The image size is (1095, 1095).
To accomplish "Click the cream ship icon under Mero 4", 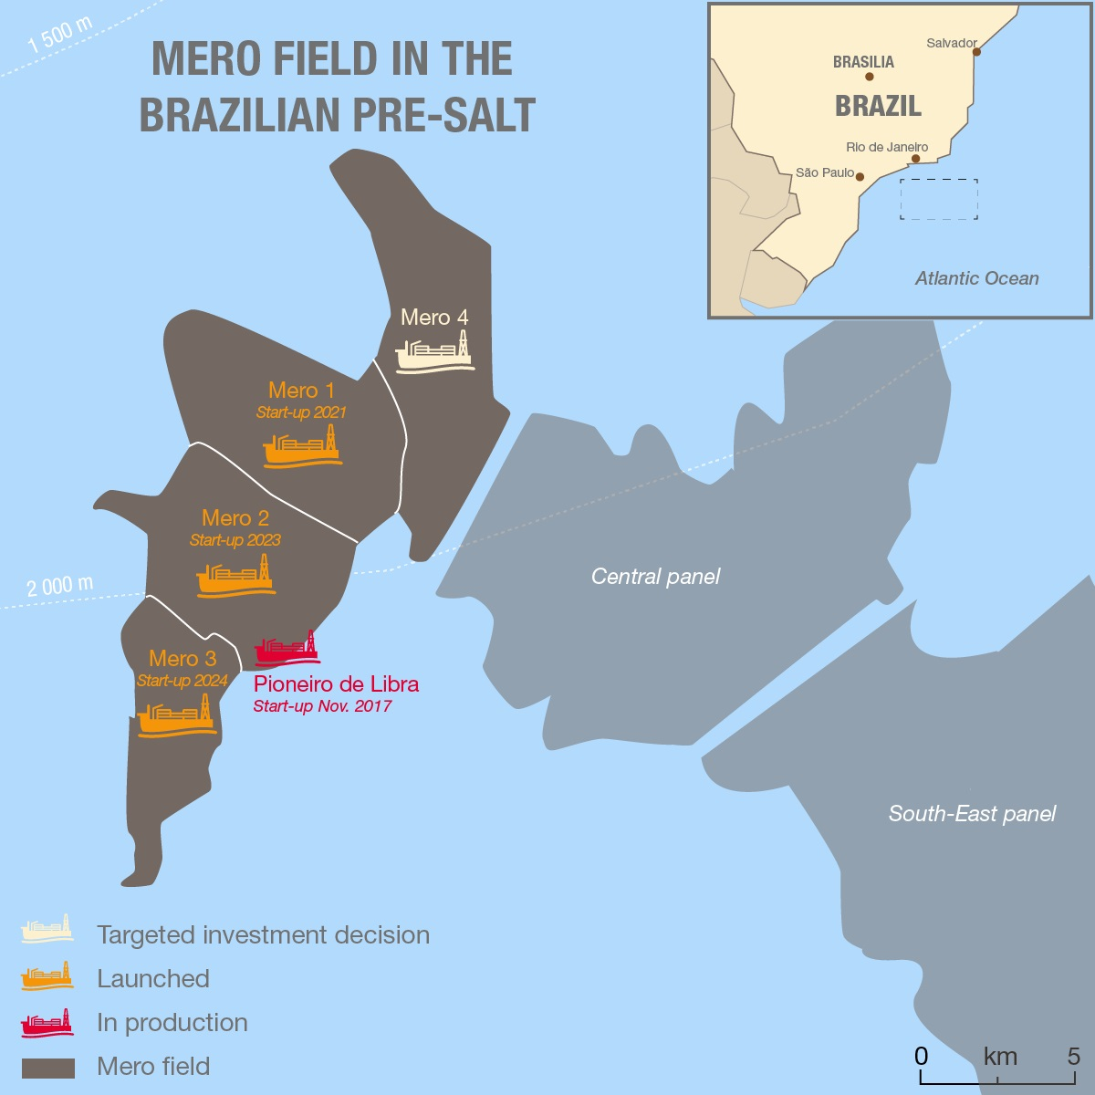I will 434,351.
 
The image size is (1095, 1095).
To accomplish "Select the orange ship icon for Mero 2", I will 235,577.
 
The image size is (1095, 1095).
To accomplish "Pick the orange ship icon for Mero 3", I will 176,715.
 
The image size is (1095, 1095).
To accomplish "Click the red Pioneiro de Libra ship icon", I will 287,649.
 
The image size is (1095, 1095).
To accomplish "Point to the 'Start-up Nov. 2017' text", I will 322,706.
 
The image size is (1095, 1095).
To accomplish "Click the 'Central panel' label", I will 655,577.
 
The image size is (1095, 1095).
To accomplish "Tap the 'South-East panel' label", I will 972,814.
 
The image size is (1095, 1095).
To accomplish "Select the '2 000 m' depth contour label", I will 59,586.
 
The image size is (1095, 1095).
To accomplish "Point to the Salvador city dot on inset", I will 976,52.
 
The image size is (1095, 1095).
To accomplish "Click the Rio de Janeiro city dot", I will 915,159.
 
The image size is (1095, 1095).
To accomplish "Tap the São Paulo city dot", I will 860,177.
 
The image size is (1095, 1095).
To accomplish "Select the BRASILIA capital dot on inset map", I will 869,77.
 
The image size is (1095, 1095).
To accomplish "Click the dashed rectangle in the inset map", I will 938,199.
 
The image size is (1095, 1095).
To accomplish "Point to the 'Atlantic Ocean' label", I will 976,279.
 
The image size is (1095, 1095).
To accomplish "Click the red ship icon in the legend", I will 47,1023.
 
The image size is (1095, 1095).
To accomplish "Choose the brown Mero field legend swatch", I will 47,1068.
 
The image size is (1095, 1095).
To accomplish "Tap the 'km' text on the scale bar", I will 1000,1057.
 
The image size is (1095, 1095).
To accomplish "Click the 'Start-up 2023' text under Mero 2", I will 235,540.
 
